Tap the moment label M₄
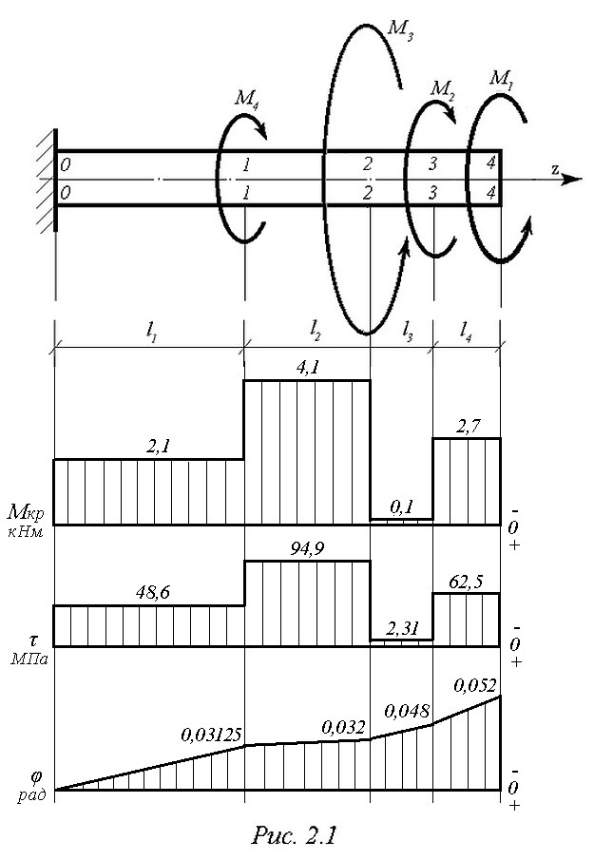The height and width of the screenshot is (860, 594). (x=247, y=98)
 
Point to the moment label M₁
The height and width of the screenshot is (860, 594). (x=501, y=79)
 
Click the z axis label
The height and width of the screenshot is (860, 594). (x=556, y=169)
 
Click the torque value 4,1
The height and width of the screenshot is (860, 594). (x=307, y=368)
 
